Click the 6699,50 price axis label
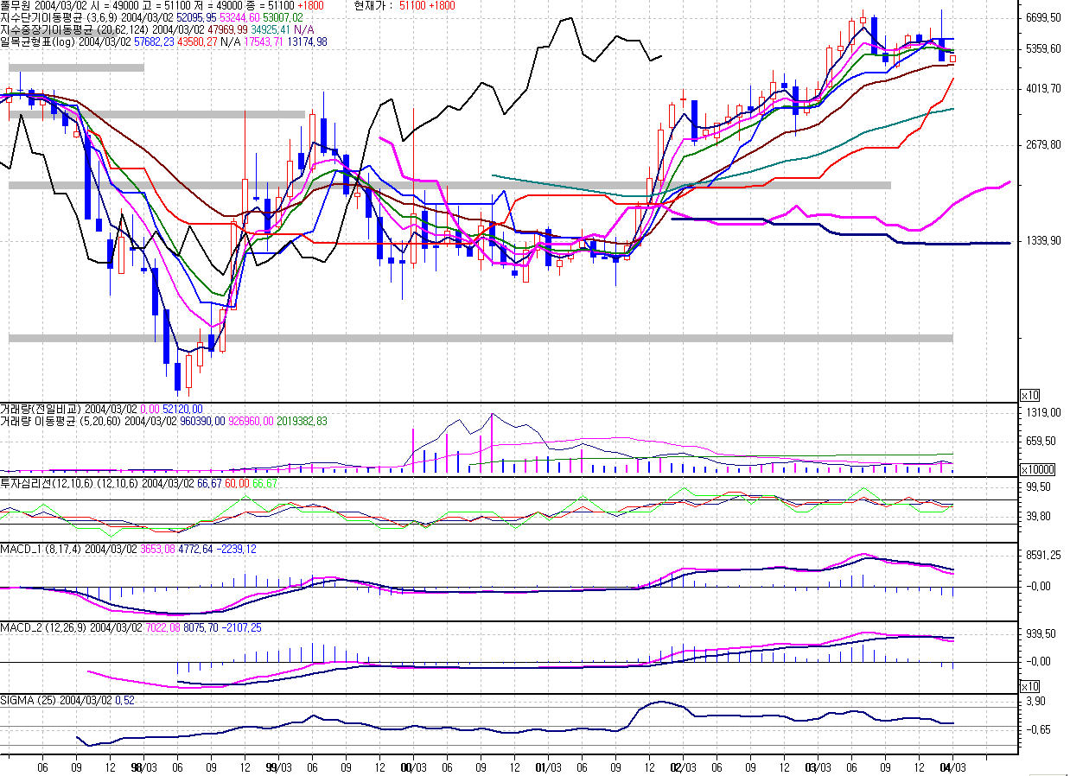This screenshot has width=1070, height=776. click(x=1042, y=17)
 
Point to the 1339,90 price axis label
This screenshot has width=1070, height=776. click(x=1042, y=240)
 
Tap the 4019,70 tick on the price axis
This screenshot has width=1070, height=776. click(x=1042, y=88)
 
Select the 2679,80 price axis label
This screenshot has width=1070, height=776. click(x=1042, y=144)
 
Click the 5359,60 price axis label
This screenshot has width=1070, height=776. click(x=1042, y=48)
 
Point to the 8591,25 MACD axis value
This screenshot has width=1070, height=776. click(x=1042, y=557)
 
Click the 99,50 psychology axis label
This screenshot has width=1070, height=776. click(x=1037, y=487)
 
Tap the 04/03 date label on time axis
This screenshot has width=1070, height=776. click(x=953, y=766)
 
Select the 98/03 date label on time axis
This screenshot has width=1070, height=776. click(x=143, y=766)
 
